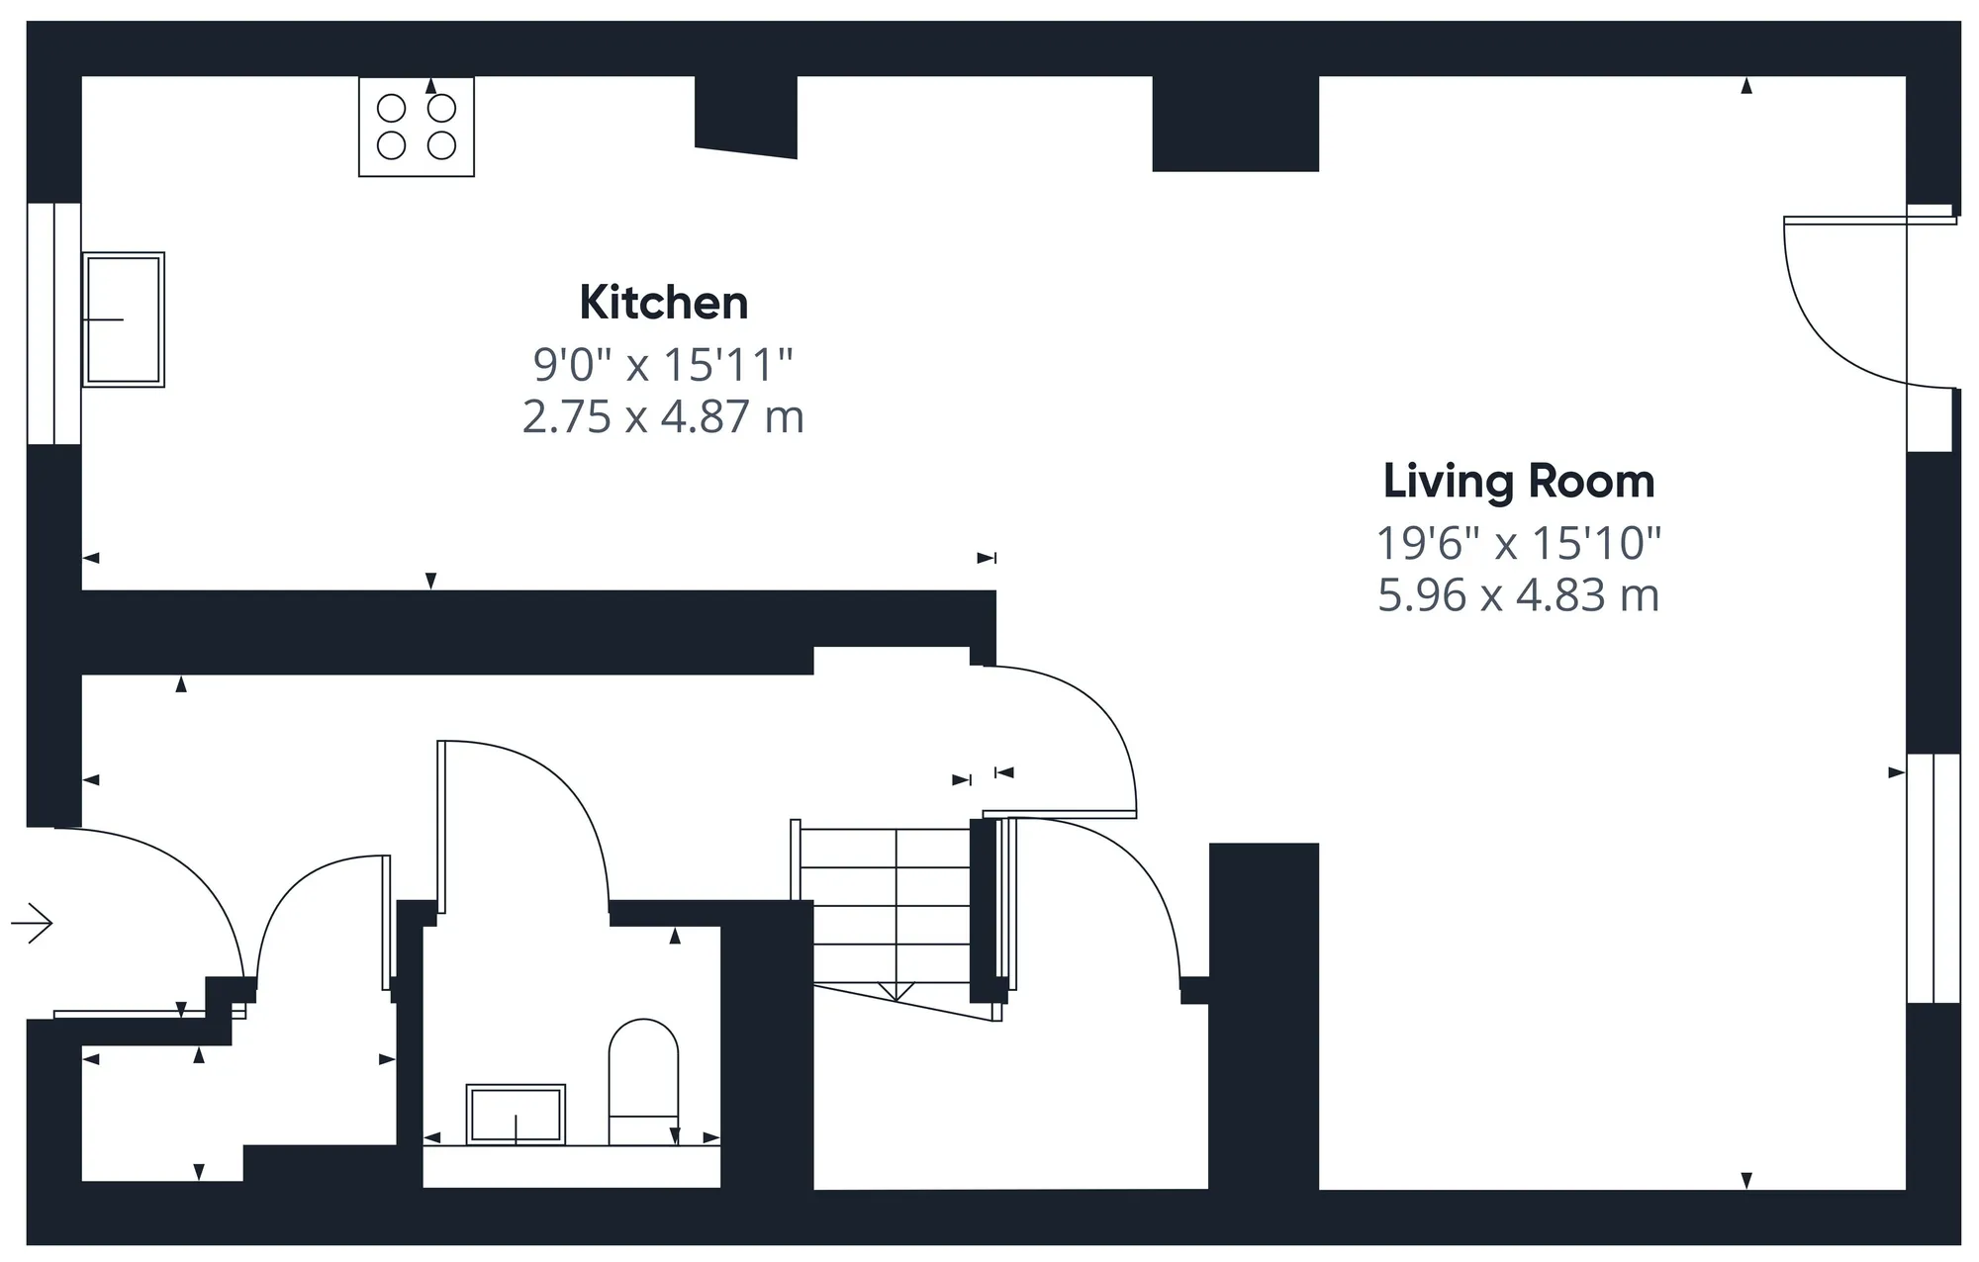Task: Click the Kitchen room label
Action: click(x=664, y=303)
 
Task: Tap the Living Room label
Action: click(x=1519, y=483)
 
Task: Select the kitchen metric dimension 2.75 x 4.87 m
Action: click(x=663, y=416)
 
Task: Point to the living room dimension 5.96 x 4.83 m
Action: click(x=1519, y=595)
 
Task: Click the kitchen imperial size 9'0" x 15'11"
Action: click(x=663, y=365)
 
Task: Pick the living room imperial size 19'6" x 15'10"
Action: click(x=1519, y=543)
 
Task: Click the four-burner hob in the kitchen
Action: click(x=417, y=127)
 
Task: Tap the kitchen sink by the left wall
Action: click(x=123, y=319)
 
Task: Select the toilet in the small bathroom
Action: click(x=643, y=1082)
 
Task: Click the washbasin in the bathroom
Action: click(x=516, y=1115)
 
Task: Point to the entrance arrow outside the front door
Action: click(x=32, y=924)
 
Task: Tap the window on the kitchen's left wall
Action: click(x=53, y=323)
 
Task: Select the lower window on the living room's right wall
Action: click(x=1933, y=878)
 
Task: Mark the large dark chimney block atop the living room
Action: click(x=1236, y=124)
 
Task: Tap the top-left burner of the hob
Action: click(x=392, y=108)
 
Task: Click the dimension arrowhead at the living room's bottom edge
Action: click(x=1746, y=1180)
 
